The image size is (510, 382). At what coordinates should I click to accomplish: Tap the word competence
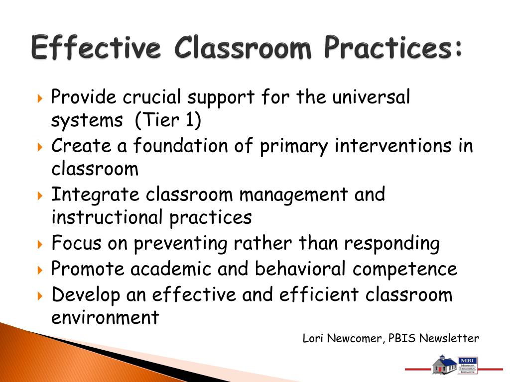click(405, 270)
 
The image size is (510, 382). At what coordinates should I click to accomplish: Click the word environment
click(105, 317)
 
